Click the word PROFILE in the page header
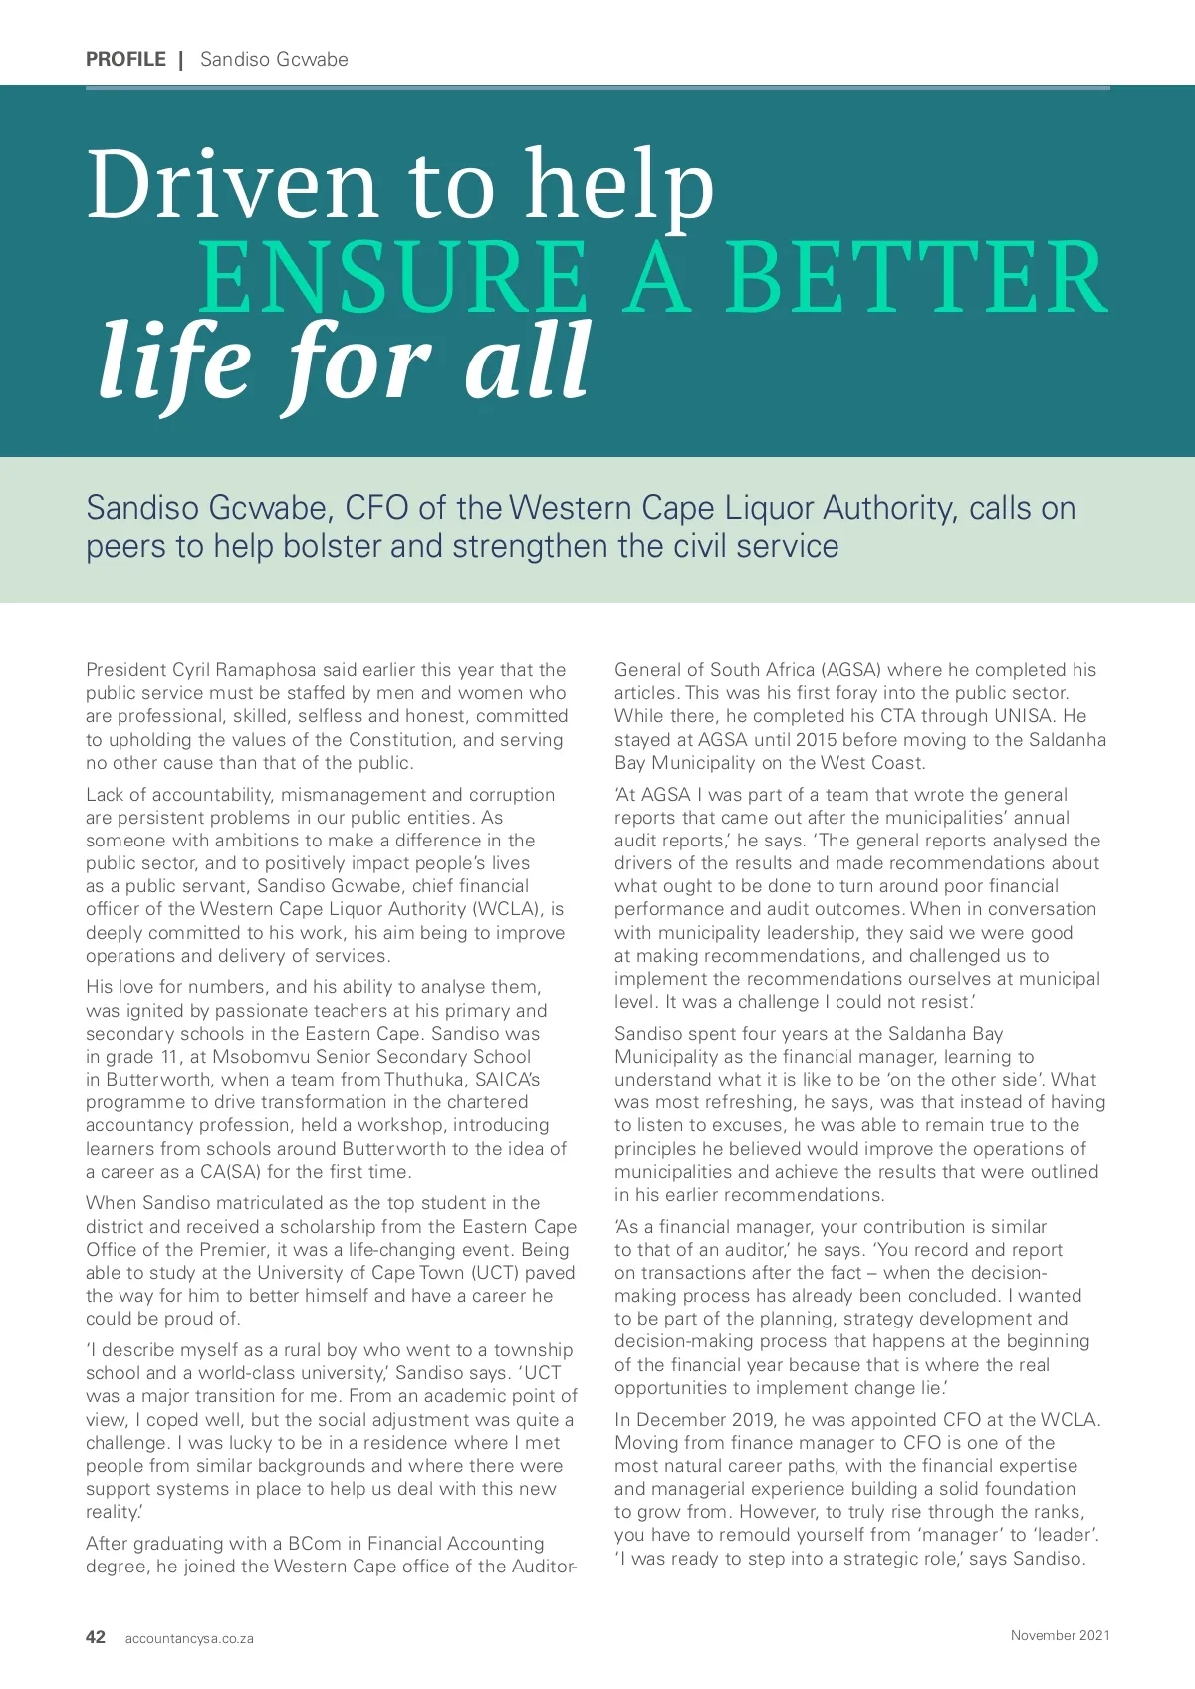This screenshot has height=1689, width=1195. point(125,59)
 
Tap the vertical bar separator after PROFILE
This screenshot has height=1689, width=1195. point(181,60)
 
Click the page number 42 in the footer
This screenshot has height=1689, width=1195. point(96,1637)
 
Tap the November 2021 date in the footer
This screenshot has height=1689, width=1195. point(1060,1635)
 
